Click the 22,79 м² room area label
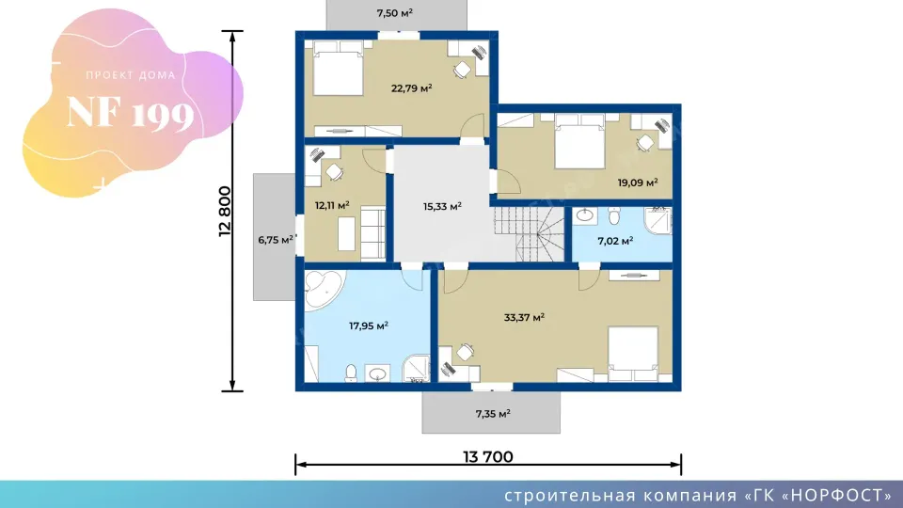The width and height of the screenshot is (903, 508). tap(411, 88)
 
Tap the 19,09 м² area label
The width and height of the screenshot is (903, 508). tap(638, 183)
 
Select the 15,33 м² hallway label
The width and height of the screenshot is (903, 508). tap(442, 206)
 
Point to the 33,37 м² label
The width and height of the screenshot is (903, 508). tap(524, 317)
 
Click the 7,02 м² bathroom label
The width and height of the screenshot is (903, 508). tap(615, 241)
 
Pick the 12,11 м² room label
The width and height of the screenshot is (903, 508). tap(332, 205)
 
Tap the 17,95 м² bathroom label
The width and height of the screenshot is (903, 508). tap(369, 326)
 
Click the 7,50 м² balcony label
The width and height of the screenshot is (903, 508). tap(394, 12)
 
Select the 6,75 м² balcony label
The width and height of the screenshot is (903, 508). tap(276, 240)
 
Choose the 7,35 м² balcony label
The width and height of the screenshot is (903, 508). tap(492, 414)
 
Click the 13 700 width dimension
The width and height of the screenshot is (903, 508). tap(488, 457)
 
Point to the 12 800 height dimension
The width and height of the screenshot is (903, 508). tap(225, 212)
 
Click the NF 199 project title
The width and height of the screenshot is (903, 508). tap(130, 113)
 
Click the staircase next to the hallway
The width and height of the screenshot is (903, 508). tap(529, 234)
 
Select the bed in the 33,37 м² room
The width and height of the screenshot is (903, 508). tap(633, 353)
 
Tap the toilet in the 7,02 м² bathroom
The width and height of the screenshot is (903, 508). tap(614, 216)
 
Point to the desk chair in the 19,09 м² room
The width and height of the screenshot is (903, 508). tap(645, 142)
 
